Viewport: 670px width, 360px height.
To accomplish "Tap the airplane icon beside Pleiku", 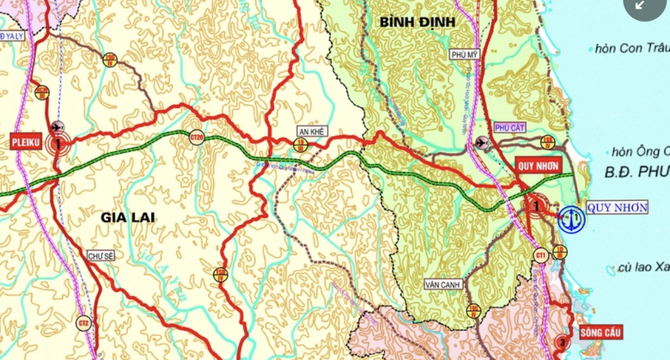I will (x=58, y=127).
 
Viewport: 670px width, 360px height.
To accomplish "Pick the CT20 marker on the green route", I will (x=197, y=137).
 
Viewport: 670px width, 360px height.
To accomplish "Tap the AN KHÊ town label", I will (x=309, y=131).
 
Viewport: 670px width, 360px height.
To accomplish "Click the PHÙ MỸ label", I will (x=463, y=54).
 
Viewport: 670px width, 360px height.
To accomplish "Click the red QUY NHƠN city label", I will (x=538, y=166).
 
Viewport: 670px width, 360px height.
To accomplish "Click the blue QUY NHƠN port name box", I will (x=618, y=207).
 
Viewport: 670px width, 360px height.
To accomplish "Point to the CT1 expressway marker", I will (x=540, y=254).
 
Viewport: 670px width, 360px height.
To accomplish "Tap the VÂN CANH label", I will (x=443, y=283).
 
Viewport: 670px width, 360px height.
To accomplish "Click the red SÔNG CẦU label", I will (x=600, y=332).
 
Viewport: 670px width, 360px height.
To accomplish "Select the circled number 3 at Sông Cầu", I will (x=562, y=339).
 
